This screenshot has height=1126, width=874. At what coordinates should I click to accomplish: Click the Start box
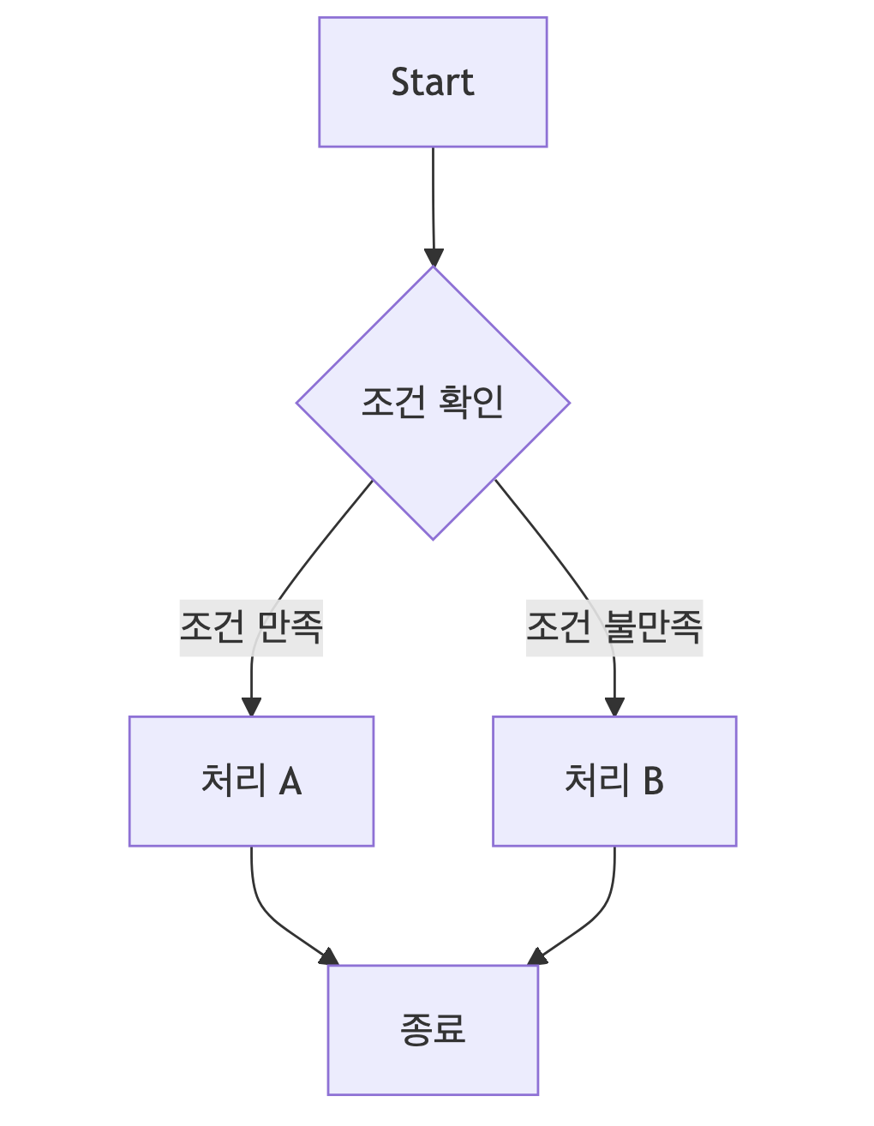[x=433, y=82]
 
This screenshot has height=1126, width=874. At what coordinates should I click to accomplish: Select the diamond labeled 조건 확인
[x=433, y=403]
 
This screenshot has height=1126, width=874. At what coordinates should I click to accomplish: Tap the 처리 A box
[x=251, y=781]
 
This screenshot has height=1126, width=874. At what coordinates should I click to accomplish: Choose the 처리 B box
[x=614, y=781]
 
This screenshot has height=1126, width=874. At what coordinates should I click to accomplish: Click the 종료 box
[x=433, y=1029]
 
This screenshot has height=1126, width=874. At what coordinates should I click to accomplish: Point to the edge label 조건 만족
[x=251, y=627]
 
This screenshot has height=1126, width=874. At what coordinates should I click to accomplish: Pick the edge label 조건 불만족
[x=614, y=627]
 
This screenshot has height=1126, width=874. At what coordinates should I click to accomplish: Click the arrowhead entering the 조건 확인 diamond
[x=434, y=257]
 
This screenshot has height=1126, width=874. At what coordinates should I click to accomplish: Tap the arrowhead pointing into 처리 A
[x=251, y=706]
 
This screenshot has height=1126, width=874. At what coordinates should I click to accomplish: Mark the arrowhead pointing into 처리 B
[x=614, y=706]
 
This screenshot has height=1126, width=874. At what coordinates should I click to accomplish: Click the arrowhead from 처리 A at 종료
[x=330, y=957]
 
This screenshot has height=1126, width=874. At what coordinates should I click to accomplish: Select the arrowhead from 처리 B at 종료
[x=536, y=957]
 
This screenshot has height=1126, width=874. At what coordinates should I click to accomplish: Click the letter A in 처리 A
[x=290, y=782]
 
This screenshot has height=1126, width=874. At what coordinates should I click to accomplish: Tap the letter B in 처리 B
[x=653, y=782]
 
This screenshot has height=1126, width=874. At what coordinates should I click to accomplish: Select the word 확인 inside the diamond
[x=471, y=402]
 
